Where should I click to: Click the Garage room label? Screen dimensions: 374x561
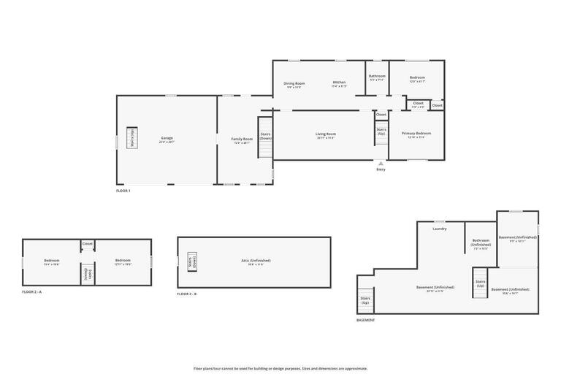(x=167, y=138)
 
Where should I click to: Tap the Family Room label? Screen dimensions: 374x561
(x=242, y=140)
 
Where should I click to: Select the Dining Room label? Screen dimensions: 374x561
(x=294, y=84)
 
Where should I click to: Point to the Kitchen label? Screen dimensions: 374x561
(x=339, y=83)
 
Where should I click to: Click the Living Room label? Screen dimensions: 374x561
(x=326, y=134)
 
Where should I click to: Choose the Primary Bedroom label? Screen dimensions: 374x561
(x=416, y=134)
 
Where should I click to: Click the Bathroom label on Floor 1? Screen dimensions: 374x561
(x=377, y=77)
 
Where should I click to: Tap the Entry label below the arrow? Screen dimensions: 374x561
(x=381, y=169)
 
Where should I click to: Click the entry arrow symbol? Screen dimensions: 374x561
(x=381, y=163)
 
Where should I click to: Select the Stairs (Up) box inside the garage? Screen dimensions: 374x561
(x=132, y=138)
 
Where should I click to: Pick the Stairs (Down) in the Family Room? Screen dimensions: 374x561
(x=265, y=137)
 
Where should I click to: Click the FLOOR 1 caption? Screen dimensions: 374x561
(x=123, y=191)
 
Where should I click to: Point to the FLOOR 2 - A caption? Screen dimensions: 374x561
(x=33, y=292)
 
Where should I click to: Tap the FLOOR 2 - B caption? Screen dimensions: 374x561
(x=187, y=294)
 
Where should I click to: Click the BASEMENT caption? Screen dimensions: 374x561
(x=365, y=320)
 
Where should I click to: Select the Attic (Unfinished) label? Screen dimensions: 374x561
(x=256, y=261)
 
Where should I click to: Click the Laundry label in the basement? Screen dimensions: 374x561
(x=439, y=229)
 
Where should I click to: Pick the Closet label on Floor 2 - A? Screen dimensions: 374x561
(x=88, y=244)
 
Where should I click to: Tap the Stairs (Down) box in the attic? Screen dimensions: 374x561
(x=193, y=262)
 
